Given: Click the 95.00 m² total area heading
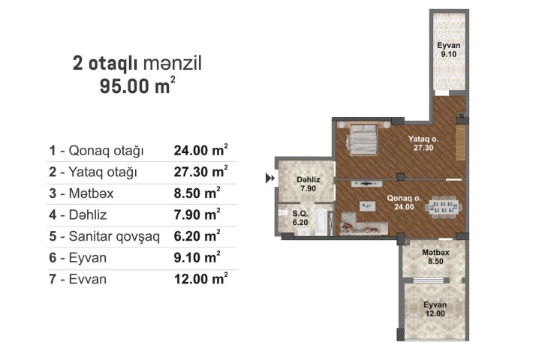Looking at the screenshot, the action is click(x=137, y=85).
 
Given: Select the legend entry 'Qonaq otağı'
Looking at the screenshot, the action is click(x=107, y=151).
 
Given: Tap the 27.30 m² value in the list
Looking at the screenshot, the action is click(x=201, y=172).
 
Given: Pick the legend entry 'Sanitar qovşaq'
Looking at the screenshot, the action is click(x=114, y=236).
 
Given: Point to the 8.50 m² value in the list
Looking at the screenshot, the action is click(x=197, y=193).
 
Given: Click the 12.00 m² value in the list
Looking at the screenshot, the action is click(x=201, y=279).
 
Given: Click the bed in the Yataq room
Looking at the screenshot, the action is click(x=363, y=139).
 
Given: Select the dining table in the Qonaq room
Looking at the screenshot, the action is click(x=443, y=208).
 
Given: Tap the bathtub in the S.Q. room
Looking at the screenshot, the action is click(x=321, y=222).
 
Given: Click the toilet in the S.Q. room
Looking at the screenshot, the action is click(x=282, y=213).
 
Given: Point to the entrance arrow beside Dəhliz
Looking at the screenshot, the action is click(x=270, y=178).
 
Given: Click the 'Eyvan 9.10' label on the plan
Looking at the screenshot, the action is click(x=449, y=49).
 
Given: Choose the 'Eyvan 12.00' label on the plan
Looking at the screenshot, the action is click(x=435, y=309).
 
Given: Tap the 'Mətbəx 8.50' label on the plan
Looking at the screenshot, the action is click(x=435, y=256).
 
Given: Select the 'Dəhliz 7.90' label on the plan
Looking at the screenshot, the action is click(x=309, y=184).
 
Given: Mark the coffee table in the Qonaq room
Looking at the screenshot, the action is click(x=368, y=206).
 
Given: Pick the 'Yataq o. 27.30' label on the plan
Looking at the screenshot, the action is click(x=423, y=143).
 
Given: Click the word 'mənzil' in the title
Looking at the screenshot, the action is click(x=173, y=64).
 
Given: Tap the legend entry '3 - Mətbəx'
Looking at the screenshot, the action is click(x=81, y=193).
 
